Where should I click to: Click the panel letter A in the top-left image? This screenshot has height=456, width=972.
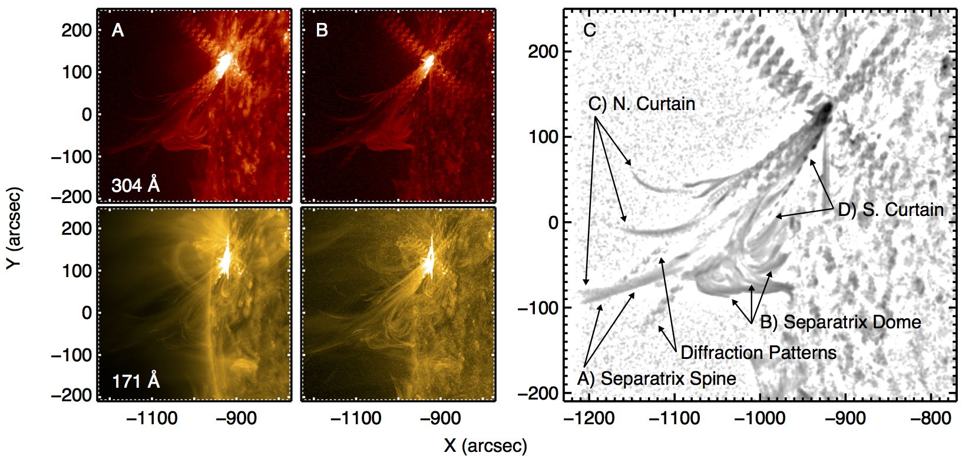[118, 30]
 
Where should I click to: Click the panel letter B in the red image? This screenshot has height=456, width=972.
[322, 30]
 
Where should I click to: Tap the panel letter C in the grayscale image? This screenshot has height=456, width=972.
[589, 30]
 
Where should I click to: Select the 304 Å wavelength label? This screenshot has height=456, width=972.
[135, 185]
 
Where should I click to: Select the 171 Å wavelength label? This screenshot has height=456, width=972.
[135, 381]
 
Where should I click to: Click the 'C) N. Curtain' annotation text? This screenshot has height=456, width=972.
[642, 104]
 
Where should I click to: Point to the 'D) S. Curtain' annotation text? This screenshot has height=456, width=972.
[891, 209]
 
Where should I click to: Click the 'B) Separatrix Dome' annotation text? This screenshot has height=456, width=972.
[841, 322]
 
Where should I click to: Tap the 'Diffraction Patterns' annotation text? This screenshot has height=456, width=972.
[758, 352]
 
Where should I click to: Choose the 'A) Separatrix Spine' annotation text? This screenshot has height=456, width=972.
[657, 378]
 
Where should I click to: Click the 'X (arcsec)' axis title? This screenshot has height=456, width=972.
[485, 445]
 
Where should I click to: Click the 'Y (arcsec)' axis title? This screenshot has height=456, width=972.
[14, 228]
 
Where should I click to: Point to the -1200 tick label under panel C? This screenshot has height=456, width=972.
[589, 418]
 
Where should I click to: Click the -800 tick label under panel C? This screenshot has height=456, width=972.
[931, 418]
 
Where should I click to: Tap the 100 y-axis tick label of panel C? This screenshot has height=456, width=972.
[543, 137]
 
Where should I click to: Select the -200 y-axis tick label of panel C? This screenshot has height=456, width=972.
[537, 393]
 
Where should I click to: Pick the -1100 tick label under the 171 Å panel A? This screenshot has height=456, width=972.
[152, 418]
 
